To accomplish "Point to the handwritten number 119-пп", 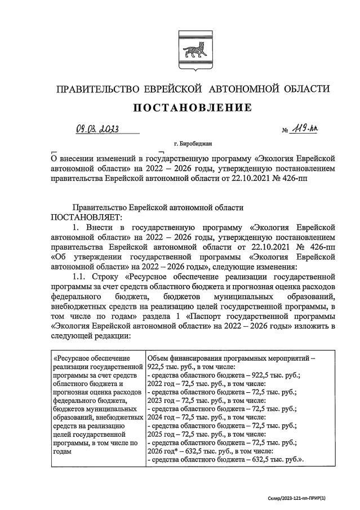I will [303, 130].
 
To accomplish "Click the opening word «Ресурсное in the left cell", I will [72, 358].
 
